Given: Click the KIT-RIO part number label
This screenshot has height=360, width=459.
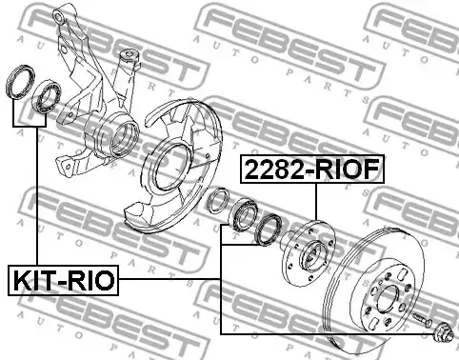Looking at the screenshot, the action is coord(63,280).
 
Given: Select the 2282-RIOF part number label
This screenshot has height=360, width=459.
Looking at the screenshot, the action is coord(312,170).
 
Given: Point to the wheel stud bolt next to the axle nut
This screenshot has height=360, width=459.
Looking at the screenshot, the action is coord(422,319).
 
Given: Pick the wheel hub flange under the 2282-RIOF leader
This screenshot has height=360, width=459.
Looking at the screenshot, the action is coord(309,252).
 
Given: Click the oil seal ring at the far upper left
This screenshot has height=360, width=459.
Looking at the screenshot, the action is coord(21,81).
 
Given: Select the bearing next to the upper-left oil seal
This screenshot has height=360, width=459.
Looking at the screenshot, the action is coord(48,96).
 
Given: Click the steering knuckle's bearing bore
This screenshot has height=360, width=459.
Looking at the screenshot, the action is coord(125,139).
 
